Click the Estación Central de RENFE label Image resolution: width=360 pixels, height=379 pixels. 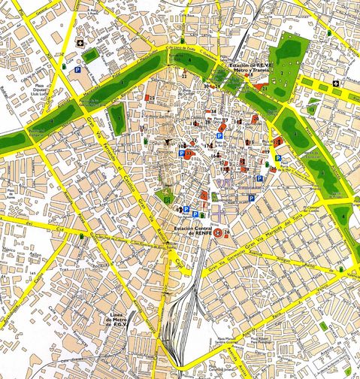195,228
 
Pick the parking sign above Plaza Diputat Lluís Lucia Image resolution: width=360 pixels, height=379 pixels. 77,69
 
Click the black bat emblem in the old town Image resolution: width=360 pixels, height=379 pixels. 168,142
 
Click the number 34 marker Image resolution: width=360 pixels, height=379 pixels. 213,111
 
